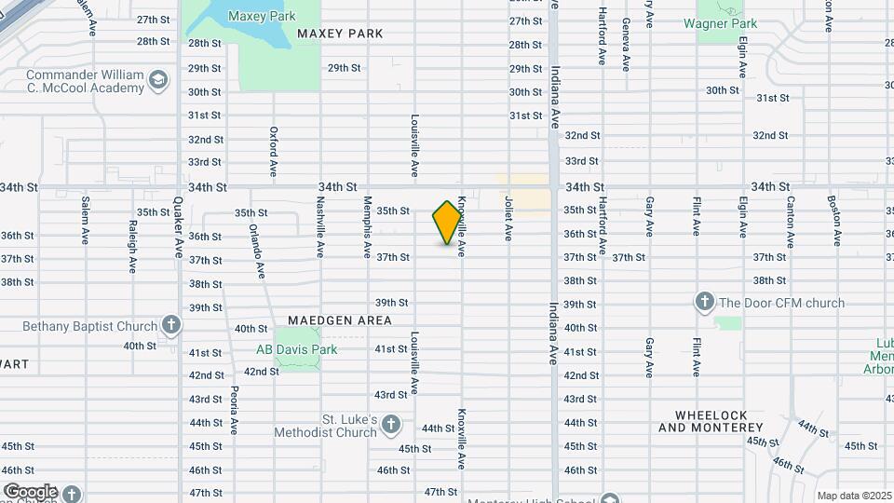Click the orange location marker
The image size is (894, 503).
pos(448,223)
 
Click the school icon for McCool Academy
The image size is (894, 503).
pos(158,81)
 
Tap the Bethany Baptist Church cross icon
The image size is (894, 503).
pos(170,325)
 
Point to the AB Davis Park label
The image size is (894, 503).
pos(296,350)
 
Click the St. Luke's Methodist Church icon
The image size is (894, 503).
pos(391,425)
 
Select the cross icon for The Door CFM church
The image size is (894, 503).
pos(704,302)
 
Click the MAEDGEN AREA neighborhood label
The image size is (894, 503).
pos(339,319)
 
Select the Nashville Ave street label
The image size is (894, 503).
pos(319,226)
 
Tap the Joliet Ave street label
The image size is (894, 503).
pos(508,218)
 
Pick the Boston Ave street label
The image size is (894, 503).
pos(834,220)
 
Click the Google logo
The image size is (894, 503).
pos(30,491)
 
